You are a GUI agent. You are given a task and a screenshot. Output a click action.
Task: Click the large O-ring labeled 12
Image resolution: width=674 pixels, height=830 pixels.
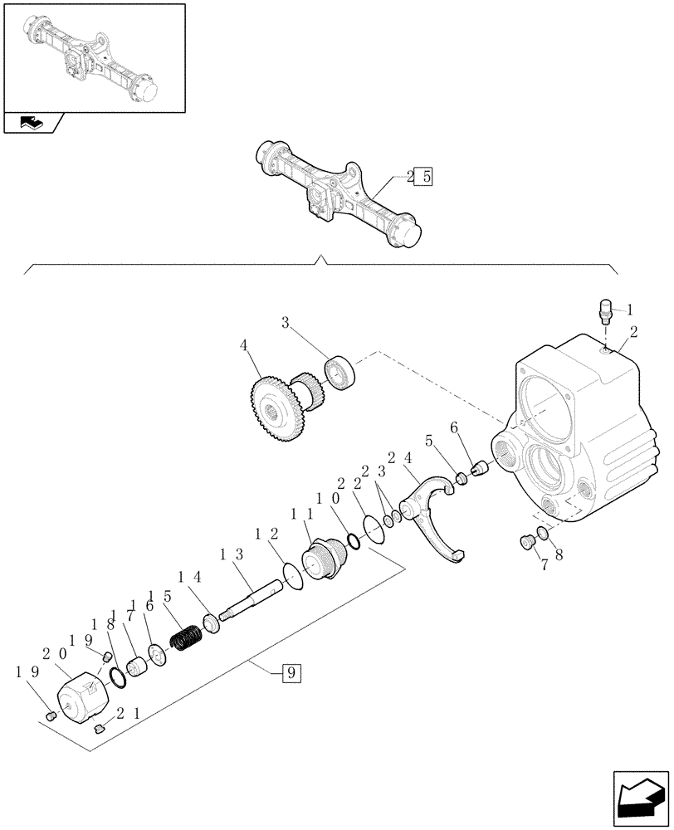[292, 575]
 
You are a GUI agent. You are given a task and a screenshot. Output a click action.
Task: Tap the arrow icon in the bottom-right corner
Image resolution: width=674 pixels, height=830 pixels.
[639, 795]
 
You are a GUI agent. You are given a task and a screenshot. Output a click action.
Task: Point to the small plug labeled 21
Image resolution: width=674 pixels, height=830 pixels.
[100, 729]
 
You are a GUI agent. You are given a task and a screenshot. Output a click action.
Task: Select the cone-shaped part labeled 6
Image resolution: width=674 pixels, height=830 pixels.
[478, 470]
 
